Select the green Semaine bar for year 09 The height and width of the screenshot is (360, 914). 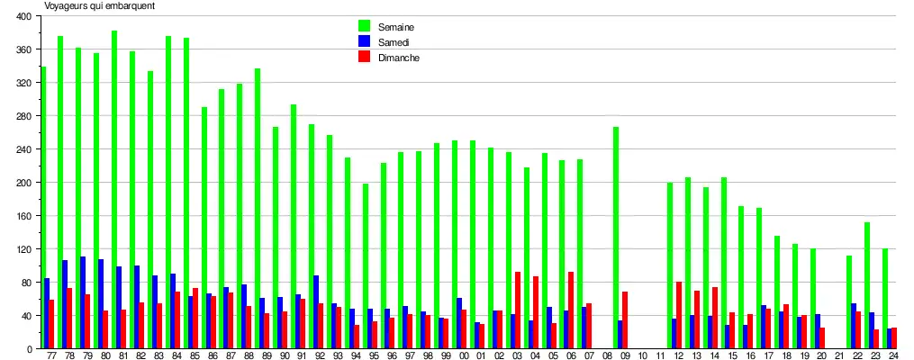point(616,238)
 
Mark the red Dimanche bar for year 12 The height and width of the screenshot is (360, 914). point(678,315)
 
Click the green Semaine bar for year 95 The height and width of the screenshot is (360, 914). point(366,266)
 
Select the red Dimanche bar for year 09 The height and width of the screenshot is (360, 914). point(625,320)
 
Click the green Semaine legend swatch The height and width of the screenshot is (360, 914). point(364,26)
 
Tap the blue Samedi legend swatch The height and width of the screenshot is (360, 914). point(364,41)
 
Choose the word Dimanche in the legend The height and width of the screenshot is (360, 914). point(399,57)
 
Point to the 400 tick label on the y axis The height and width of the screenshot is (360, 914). point(23,17)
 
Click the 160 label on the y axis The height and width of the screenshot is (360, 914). point(23,216)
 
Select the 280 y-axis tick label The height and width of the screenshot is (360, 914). point(23,116)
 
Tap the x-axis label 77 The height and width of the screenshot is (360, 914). point(50,356)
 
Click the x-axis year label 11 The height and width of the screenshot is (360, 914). point(660,356)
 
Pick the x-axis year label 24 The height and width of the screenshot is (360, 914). point(892,356)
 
